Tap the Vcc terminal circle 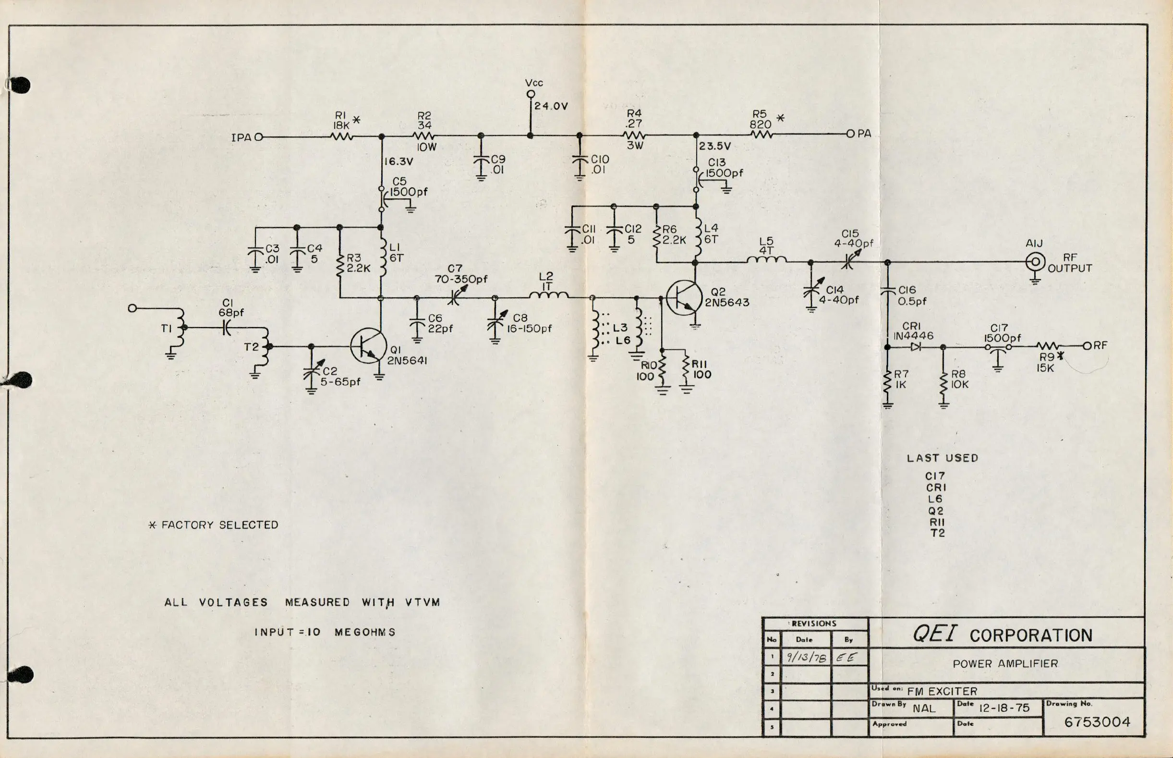[531, 94]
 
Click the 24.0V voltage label [551, 106]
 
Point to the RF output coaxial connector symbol [1035, 262]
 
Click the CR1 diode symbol [915, 347]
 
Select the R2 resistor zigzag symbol [423, 136]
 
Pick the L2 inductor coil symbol [548, 295]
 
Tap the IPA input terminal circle [259, 137]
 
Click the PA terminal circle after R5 [850, 134]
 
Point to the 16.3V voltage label [398, 162]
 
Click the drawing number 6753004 [1097, 722]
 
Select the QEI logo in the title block [935, 634]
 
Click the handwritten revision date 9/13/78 [806, 658]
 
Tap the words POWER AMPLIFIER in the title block [1005, 663]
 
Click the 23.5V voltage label [715, 146]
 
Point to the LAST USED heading [942, 458]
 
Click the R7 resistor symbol [888, 385]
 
